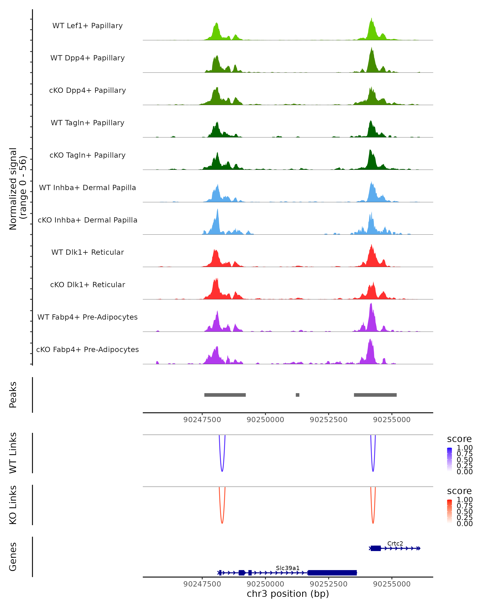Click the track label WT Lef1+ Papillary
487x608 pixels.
coord(87,26)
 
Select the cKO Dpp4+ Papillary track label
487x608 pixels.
coord(87,91)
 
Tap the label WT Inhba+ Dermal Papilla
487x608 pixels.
coord(87,188)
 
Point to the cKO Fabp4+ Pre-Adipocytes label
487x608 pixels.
coord(87,350)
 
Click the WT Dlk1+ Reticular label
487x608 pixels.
coord(87,252)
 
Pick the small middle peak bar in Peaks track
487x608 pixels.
coord(297,395)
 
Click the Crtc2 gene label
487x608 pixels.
coord(395,543)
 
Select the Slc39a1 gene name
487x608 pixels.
coord(288,568)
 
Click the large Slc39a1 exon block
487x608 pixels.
coord(332,573)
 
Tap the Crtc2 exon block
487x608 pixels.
coord(375,548)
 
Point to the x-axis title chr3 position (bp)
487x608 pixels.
coord(288,594)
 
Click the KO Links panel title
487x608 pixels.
coord(13,505)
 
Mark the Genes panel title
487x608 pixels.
coord(13,557)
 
